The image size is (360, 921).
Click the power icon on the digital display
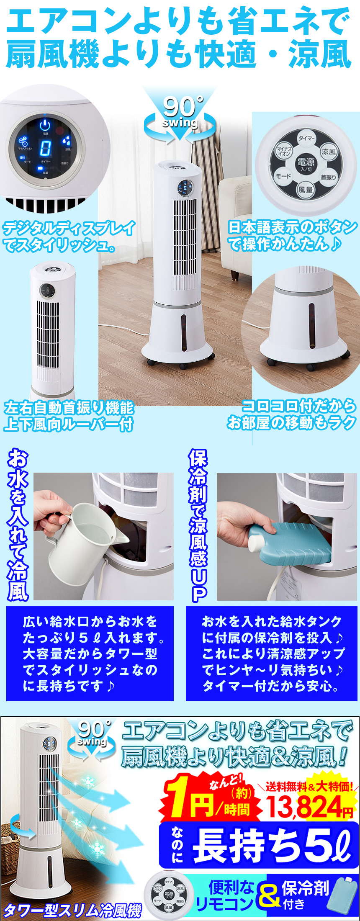click(45, 125)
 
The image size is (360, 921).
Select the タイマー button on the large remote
click(306, 138)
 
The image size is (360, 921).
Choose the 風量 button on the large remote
click(305, 190)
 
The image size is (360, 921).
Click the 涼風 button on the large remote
click(329, 152)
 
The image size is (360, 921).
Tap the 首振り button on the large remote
click(328, 177)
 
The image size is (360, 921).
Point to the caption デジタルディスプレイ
click(68, 229)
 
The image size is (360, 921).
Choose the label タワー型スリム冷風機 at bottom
click(72, 909)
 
